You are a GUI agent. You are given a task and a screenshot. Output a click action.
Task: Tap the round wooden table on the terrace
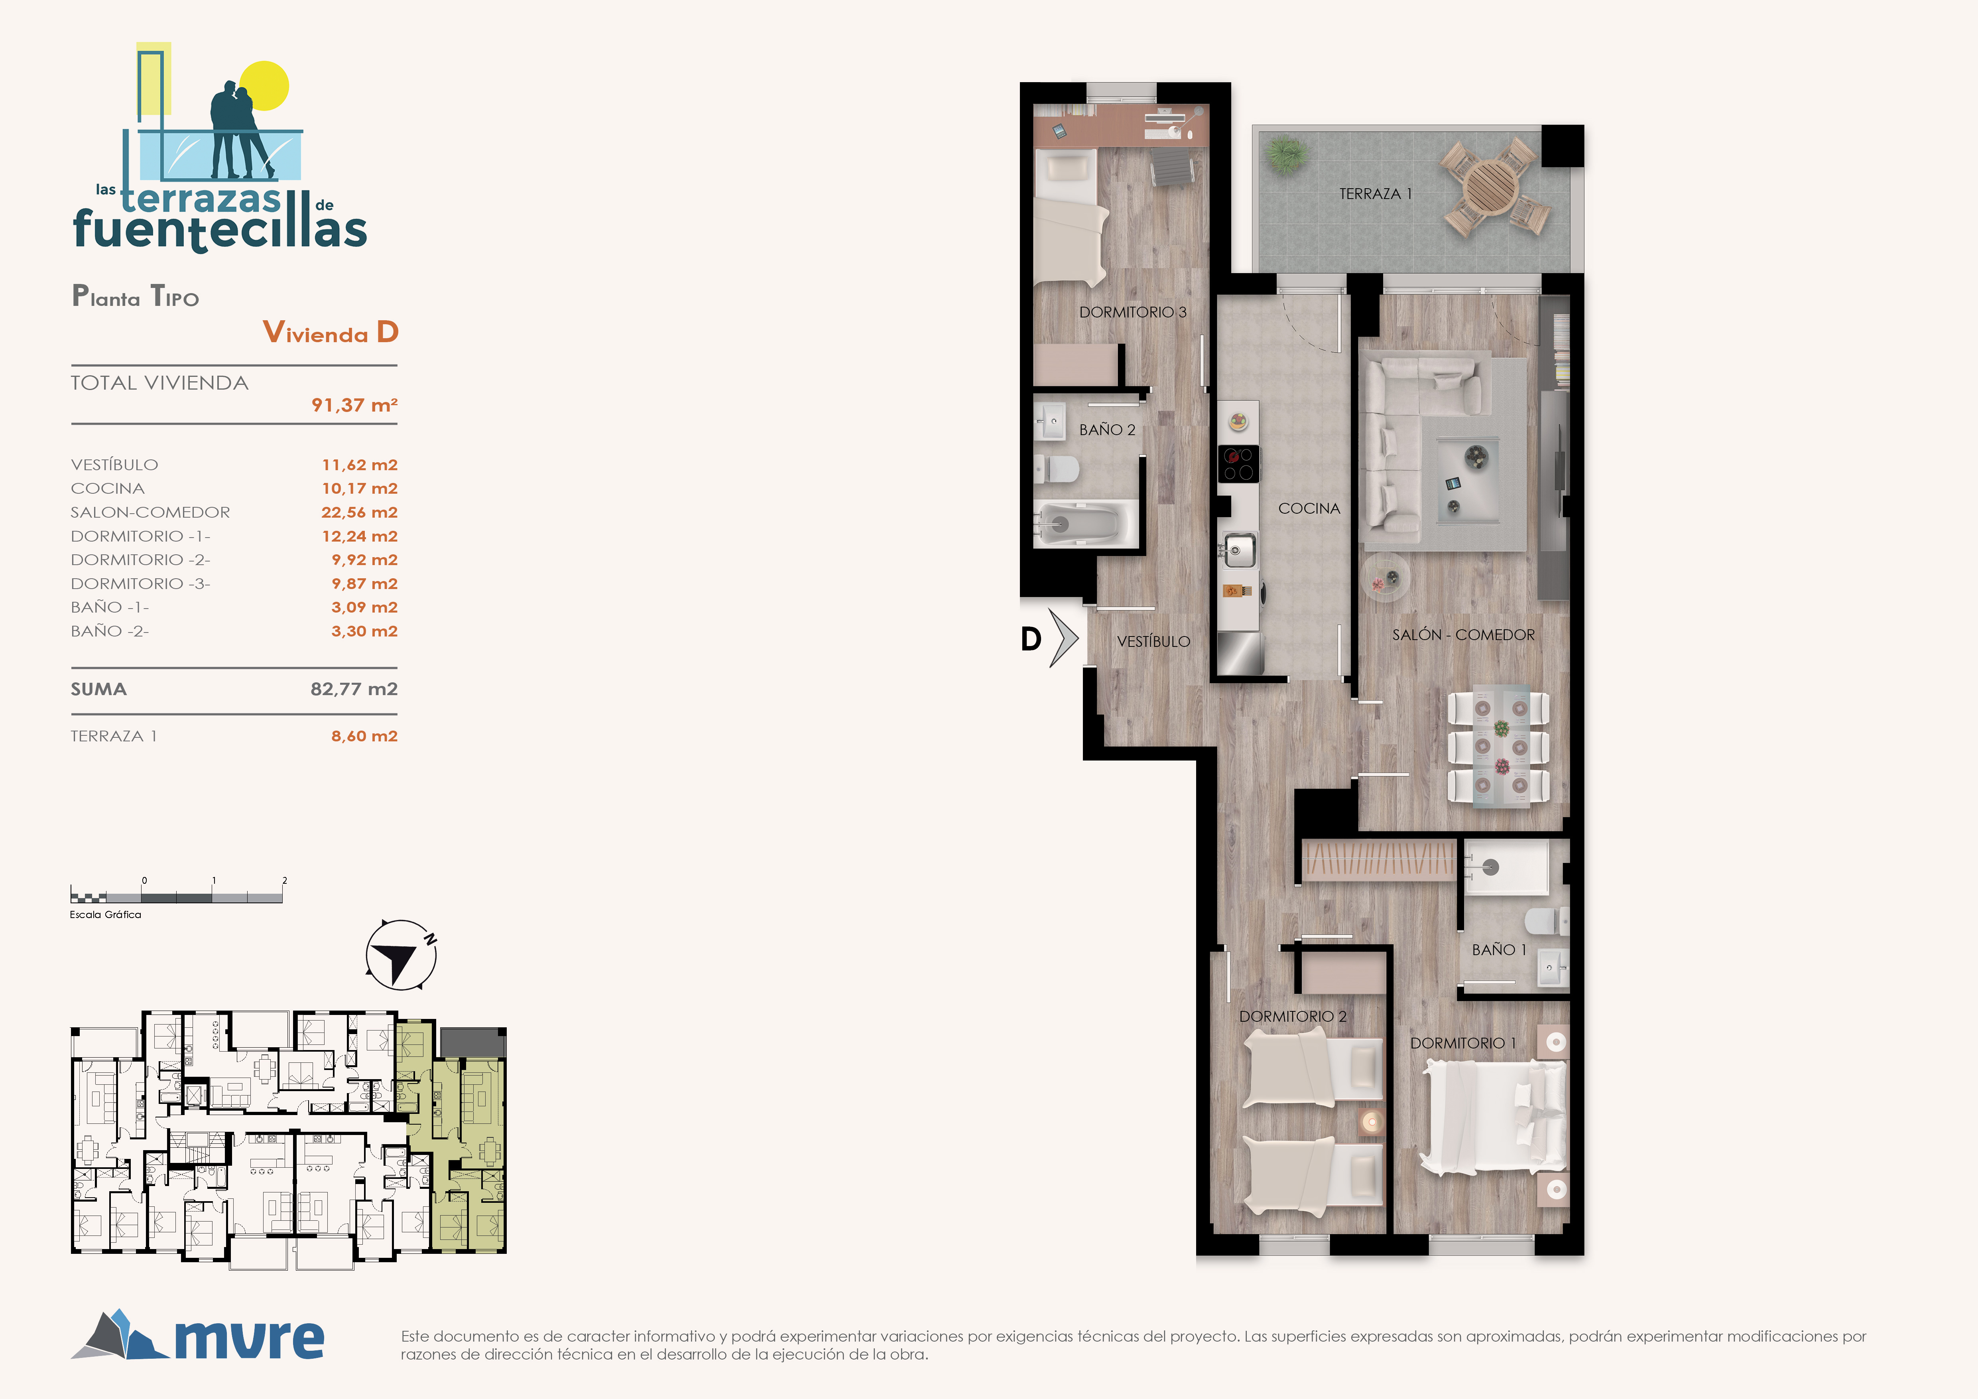click(x=1492, y=188)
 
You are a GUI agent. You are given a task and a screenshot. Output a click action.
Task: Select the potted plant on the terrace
click(x=1287, y=155)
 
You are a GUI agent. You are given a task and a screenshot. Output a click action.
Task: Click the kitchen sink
click(x=1239, y=550)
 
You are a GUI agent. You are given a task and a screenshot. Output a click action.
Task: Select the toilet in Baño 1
click(x=1546, y=920)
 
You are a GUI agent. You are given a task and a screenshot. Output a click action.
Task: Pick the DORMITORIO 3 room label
click(x=1133, y=312)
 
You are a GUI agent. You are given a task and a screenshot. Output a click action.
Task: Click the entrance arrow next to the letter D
click(x=1064, y=638)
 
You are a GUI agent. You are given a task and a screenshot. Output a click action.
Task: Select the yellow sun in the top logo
click(x=264, y=85)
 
